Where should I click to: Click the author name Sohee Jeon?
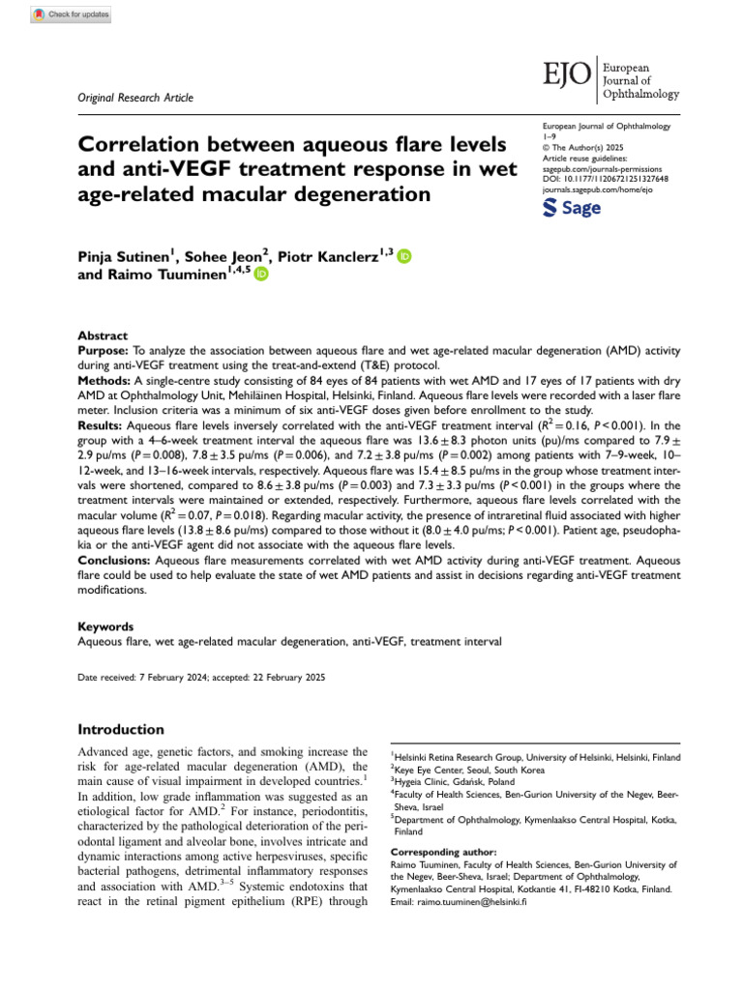tap(228, 257)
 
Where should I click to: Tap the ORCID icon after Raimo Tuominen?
tap(261, 276)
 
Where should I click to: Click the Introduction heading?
tap(121, 729)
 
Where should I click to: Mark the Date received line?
tap(201, 678)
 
